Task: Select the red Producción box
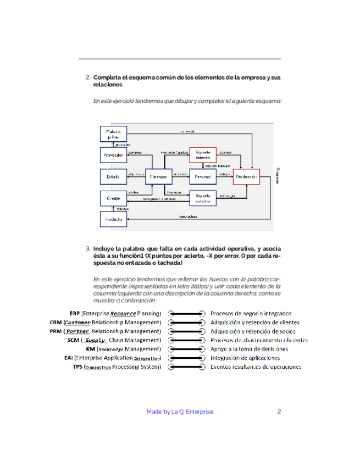click(246, 176)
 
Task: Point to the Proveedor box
click(113, 155)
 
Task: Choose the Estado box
click(113, 176)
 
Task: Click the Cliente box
click(113, 198)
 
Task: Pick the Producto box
click(113, 219)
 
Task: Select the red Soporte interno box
click(203, 155)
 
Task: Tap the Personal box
click(203, 176)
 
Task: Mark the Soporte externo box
click(203, 198)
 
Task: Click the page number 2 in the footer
click(279, 412)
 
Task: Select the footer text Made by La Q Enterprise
click(180, 412)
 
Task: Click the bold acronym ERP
click(74, 313)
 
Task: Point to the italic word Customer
click(77, 322)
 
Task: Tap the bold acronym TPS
click(77, 367)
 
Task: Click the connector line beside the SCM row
click(186, 340)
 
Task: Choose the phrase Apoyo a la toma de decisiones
click(249, 349)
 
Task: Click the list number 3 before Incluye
click(88, 248)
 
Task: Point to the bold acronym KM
click(91, 349)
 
